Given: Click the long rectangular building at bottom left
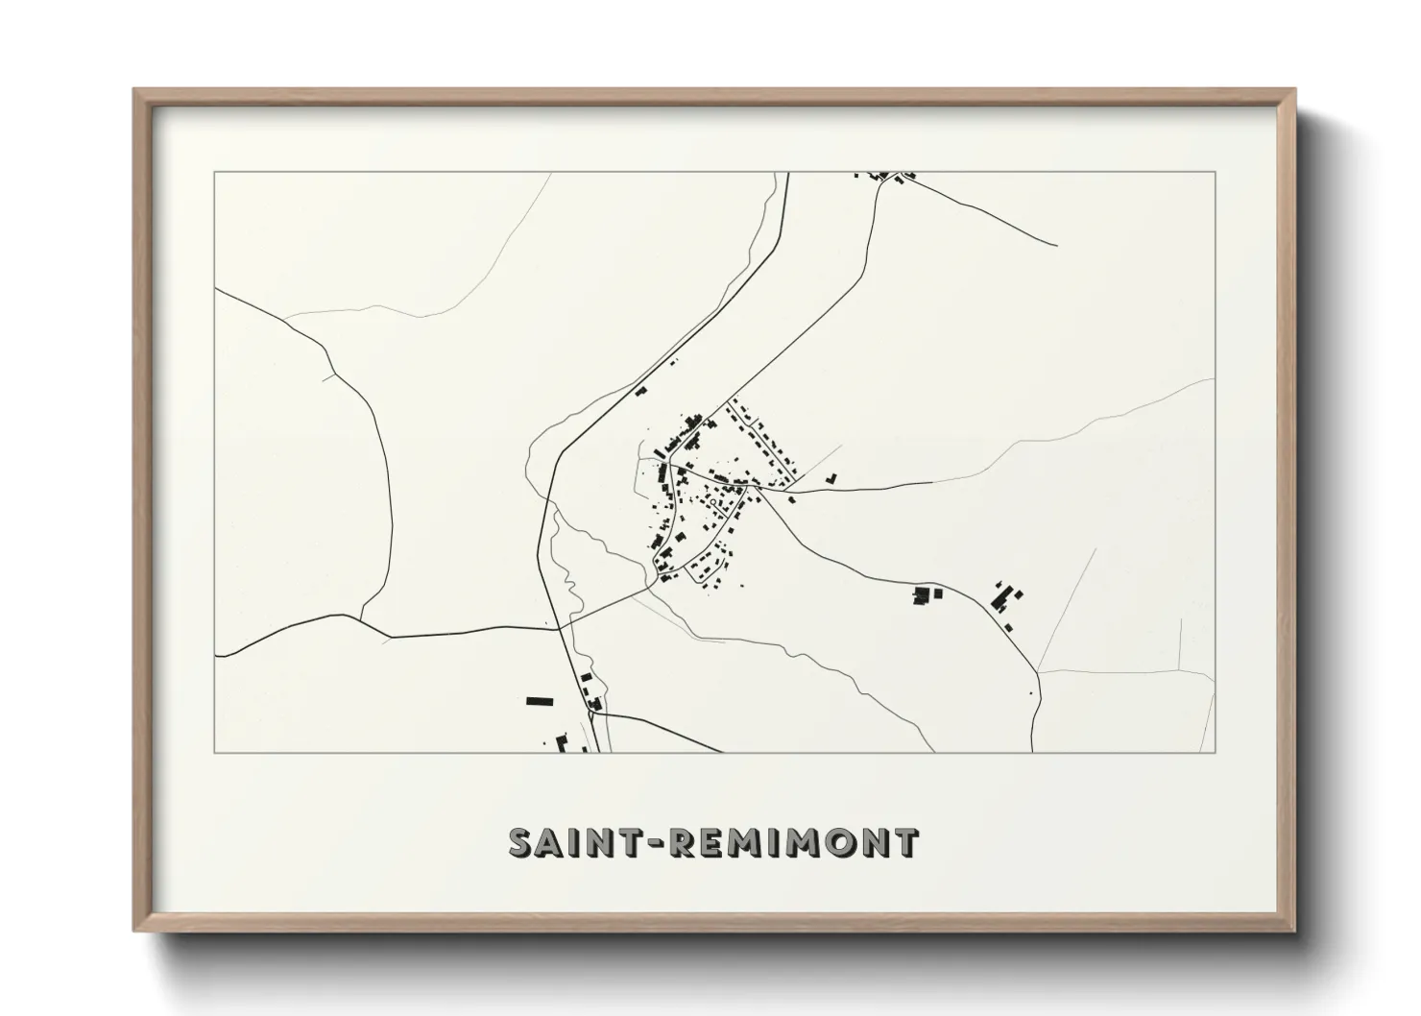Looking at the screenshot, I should pyautogui.click(x=540, y=701).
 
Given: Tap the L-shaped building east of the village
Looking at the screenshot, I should pyautogui.click(x=832, y=476).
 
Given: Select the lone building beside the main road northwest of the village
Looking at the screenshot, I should pyautogui.click(x=640, y=391).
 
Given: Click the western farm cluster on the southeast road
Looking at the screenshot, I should pyautogui.click(x=927, y=595).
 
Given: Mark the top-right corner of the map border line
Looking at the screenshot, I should pyautogui.click(x=1215, y=172).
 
